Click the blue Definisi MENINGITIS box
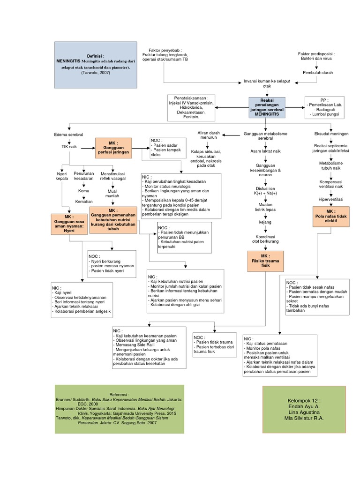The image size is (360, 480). click(x=96, y=64)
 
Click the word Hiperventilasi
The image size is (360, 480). click(x=331, y=199)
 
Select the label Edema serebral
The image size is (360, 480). click(x=68, y=135)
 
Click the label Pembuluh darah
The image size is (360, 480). click(x=317, y=73)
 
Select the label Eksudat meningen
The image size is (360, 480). click(x=331, y=134)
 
